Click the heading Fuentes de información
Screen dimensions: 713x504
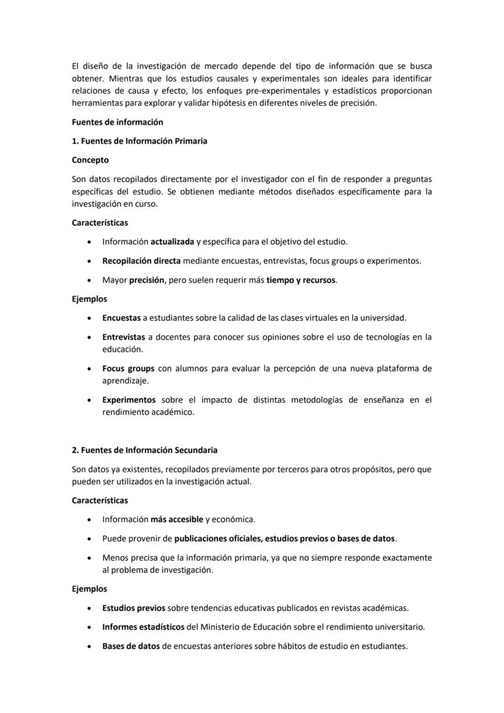(x=117, y=122)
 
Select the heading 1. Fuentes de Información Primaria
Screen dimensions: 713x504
(x=139, y=141)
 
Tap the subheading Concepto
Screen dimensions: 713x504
(x=90, y=160)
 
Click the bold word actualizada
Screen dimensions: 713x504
(x=172, y=242)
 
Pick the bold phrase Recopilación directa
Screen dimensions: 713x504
(x=141, y=261)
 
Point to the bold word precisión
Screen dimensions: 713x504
(x=147, y=280)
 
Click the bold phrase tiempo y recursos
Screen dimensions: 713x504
(x=301, y=280)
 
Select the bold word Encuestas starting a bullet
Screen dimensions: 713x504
(x=121, y=318)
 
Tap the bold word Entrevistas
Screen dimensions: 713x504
(x=124, y=337)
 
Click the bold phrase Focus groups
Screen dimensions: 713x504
(x=128, y=368)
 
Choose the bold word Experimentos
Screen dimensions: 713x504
(x=129, y=400)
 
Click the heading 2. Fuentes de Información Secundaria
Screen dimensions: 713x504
(x=144, y=450)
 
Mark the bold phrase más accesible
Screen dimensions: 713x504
(x=177, y=519)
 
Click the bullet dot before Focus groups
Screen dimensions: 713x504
(x=89, y=369)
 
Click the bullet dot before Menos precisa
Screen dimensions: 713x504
(x=89, y=558)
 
